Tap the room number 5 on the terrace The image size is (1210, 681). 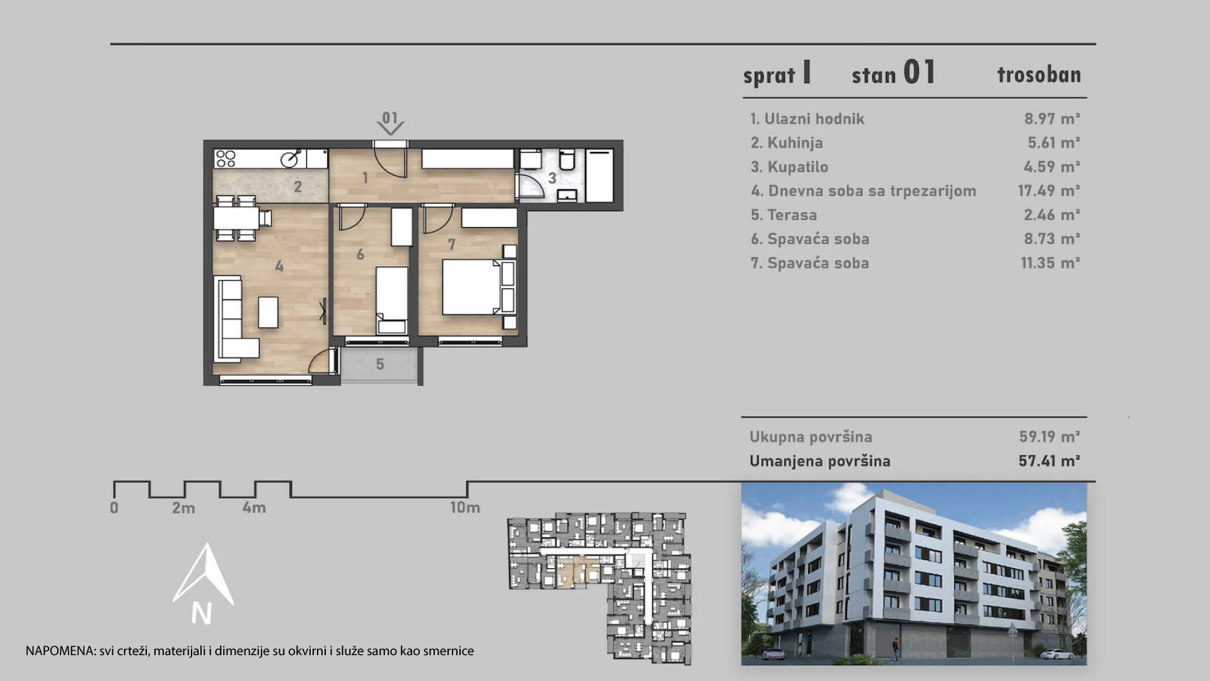point(380,364)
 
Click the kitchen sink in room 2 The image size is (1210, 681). point(291,158)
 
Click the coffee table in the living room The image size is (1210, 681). point(268,312)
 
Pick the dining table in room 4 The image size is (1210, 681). point(236,219)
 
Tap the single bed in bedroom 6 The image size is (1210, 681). point(392,300)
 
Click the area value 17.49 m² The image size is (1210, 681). point(1049,191)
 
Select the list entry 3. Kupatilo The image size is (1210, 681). point(789,167)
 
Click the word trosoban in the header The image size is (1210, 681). point(1039,74)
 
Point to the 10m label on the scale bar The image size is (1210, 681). point(465,508)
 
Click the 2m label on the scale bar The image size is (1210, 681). point(183,508)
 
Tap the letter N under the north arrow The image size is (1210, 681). point(202,614)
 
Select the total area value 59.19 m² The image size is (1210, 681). point(1049,437)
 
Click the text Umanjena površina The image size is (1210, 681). point(820,461)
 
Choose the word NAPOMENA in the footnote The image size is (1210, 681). point(60,651)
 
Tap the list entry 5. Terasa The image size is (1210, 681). point(783,215)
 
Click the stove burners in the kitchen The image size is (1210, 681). point(225,158)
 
